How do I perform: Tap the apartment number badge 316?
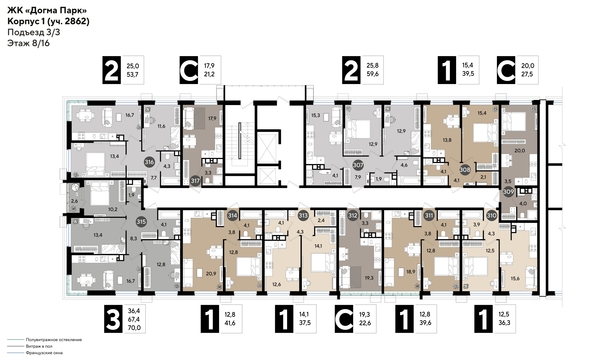[149, 161]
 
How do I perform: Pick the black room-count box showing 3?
[115, 321]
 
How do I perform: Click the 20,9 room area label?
[211, 273]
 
